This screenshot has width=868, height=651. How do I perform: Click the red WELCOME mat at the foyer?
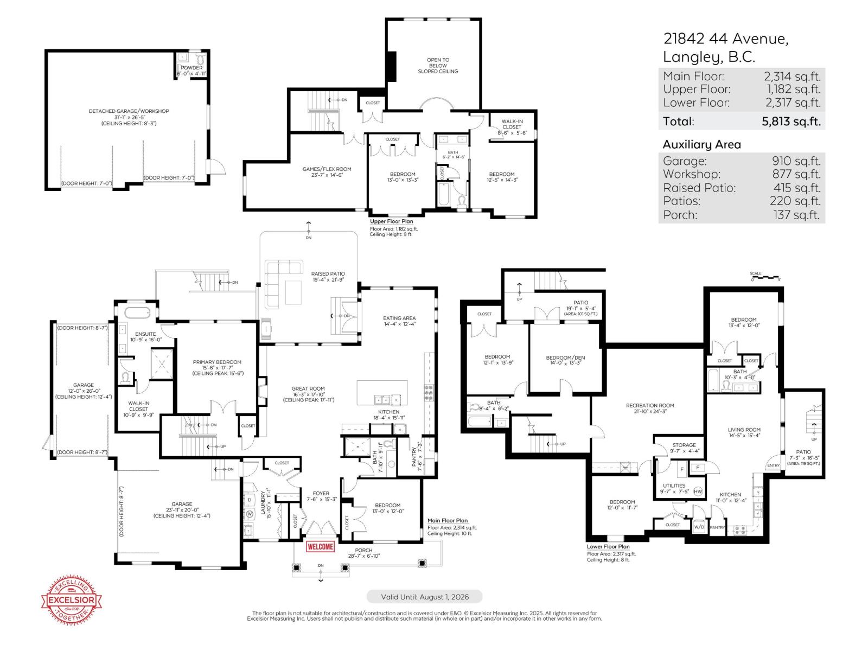[x=320, y=546]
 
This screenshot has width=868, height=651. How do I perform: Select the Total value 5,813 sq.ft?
[x=791, y=122]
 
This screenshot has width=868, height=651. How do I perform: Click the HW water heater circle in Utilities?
[x=698, y=492]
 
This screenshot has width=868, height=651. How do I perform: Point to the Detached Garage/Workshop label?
[x=129, y=111]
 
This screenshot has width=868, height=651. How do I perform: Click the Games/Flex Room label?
[x=327, y=169]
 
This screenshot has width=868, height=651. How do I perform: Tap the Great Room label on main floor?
[x=308, y=389]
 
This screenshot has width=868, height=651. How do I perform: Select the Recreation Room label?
[x=650, y=406]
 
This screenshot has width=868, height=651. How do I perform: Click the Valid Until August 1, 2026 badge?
[x=424, y=597]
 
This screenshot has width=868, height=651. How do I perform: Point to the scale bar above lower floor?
[x=765, y=278]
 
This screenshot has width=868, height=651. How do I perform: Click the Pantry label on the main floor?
[x=415, y=456]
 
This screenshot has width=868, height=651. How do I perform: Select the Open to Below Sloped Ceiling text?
[x=438, y=66]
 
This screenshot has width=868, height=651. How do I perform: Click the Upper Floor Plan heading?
[x=391, y=221]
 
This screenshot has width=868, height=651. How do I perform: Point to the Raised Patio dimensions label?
[x=328, y=280]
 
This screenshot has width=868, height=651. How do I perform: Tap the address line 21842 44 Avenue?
[x=725, y=39]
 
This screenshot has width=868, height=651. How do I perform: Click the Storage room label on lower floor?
[x=684, y=445]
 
